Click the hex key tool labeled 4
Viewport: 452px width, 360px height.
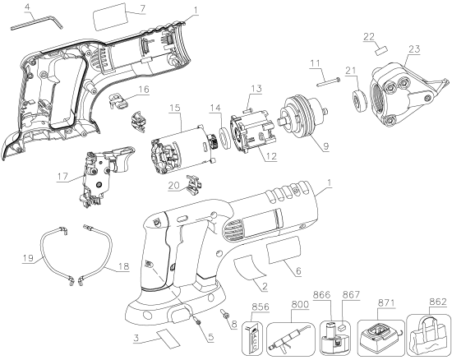37,25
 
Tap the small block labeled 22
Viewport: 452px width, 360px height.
381,48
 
